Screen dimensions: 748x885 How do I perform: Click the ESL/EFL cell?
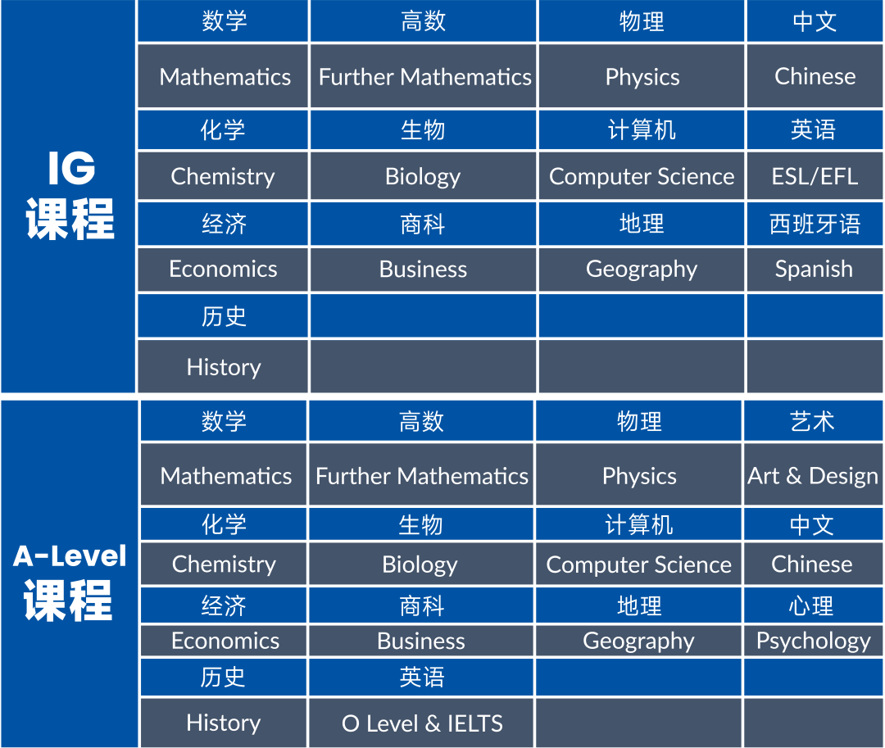point(815,176)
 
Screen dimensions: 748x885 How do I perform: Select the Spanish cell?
point(814,269)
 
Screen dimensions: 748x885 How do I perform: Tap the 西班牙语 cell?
point(815,224)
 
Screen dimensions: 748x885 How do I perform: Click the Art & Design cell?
point(812,476)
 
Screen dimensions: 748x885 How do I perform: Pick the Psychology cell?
point(813,641)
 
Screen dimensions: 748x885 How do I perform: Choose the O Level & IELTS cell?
point(422,723)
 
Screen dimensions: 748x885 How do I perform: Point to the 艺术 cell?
point(812,421)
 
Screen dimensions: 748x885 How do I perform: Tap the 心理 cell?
point(812,605)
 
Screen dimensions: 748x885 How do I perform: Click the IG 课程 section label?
point(70,197)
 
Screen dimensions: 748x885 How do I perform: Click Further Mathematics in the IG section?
point(424,77)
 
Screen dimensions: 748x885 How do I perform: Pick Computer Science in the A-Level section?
point(638,564)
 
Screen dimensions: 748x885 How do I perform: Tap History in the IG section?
point(223,367)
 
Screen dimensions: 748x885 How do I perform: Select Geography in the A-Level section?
point(638,641)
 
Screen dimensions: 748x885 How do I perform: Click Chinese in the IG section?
point(815,76)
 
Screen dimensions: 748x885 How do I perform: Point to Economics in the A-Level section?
point(225,641)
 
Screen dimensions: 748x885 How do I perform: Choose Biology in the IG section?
point(423,176)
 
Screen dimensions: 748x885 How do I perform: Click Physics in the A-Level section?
point(639,476)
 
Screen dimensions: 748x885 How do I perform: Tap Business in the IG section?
point(423,269)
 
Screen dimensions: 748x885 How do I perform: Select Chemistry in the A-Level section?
point(224,564)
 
